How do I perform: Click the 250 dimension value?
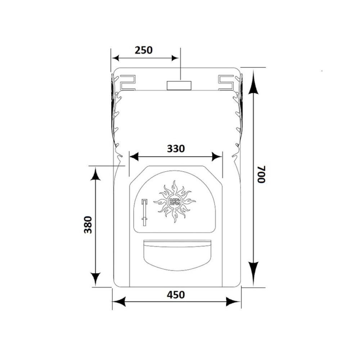pyautogui.click(x=144, y=50)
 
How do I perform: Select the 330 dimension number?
pyautogui.click(x=176, y=149)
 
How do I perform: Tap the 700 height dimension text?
pyautogui.click(x=261, y=174)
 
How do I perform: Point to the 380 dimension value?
pyautogui.click(x=88, y=225)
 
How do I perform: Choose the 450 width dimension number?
pyautogui.click(x=176, y=294)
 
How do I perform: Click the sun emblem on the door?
pyautogui.click(x=175, y=202)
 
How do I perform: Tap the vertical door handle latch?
pyautogui.click(x=144, y=212)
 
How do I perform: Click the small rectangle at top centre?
pyautogui.click(x=179, y=85)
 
